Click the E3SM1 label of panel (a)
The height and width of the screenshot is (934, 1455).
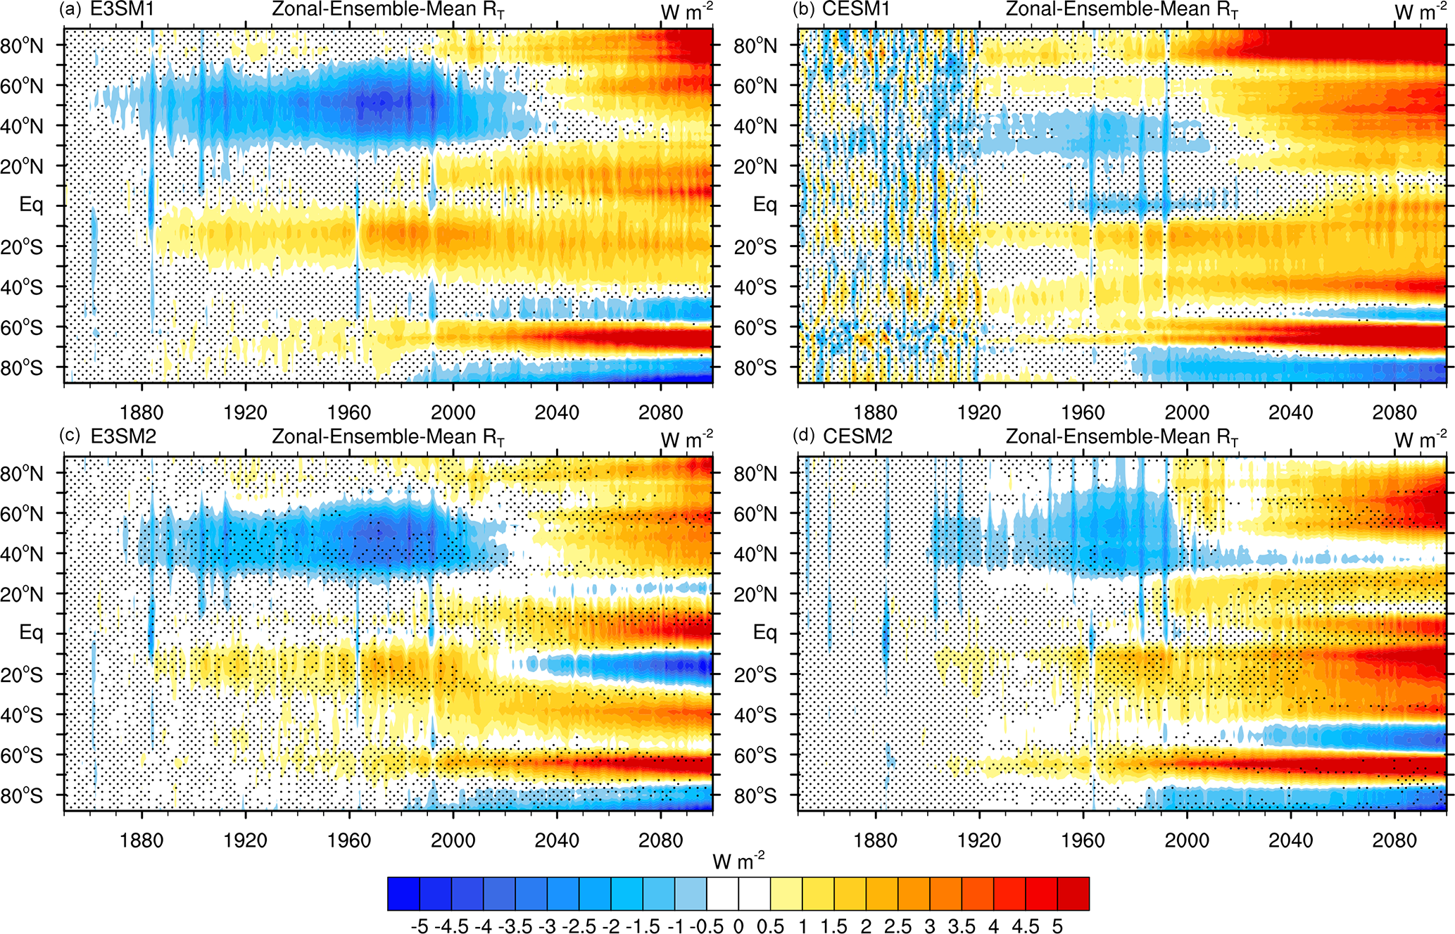[x=122, y=10]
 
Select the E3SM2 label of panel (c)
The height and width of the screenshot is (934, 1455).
[x=123, y=437]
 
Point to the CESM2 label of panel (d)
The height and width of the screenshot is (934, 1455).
[x=857, y=437]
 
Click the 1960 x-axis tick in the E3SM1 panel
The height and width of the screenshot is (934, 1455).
[x=349, y=412]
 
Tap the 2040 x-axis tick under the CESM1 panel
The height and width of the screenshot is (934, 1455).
[x=1290, y=412]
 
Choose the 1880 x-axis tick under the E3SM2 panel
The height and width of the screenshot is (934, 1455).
[x=141, y=840]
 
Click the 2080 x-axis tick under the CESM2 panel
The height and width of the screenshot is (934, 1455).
[x=1394, y=840]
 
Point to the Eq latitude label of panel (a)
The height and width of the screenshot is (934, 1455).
[x=31, y=206]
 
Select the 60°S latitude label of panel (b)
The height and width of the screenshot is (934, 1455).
[x=755, y=328]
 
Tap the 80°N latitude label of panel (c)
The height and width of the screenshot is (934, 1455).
[x=22, y=474]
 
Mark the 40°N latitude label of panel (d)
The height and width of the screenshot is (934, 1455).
[x=755, y=555]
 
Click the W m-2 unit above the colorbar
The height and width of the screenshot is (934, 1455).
[x=738, y=861]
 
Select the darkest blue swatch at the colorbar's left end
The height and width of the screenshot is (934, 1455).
[x=403, y=894]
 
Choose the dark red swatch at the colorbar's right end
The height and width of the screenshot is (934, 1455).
[x=1073, y=894]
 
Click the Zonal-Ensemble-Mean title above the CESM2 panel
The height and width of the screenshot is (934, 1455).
[x=1121, y=437]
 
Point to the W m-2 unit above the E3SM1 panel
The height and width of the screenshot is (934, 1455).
[x=686, y=11]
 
